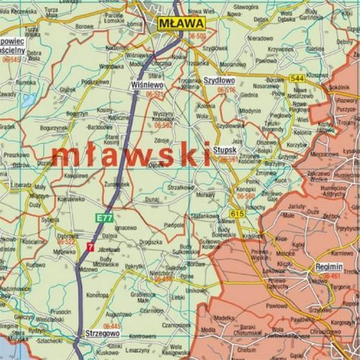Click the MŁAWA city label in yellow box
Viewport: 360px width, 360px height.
pyautogui.click(x=178, y=25)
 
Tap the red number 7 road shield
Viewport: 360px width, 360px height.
pyautogui.click(x=90, y=249)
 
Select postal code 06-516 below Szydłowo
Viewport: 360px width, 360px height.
pyautogui.click(x=225, y=91)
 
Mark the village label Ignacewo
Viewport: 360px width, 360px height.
pyautogui.click(x=105, y=227)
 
